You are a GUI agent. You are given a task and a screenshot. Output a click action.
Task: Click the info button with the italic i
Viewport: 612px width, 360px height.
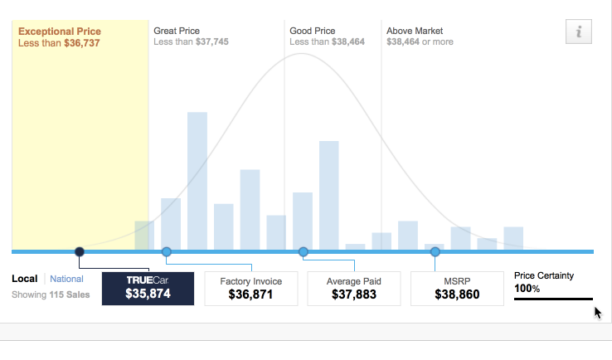579,32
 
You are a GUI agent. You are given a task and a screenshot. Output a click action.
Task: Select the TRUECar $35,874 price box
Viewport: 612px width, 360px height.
148,288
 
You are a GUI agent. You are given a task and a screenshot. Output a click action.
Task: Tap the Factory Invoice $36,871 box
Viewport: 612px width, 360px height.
250,288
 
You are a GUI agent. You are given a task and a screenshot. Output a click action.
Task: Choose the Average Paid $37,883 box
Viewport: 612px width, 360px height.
354,288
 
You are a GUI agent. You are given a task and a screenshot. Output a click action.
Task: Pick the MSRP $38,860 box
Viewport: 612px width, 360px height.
456,288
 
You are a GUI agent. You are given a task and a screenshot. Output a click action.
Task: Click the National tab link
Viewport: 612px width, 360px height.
66,280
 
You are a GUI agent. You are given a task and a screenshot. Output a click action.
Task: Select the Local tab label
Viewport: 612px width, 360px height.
25,280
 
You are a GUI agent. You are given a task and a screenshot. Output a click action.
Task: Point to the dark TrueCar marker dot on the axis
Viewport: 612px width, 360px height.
80,251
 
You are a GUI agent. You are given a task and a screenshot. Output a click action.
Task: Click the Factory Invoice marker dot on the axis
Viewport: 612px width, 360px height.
166,251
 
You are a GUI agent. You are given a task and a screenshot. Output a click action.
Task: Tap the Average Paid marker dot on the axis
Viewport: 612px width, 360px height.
303,251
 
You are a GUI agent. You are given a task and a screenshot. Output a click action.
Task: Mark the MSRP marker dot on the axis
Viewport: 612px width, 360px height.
435,251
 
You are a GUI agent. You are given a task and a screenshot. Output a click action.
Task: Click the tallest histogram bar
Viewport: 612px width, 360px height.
197,180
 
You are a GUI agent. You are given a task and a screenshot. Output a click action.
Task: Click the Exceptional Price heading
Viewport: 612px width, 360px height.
60,32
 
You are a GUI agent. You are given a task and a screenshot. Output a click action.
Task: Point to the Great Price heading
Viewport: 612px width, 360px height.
177,31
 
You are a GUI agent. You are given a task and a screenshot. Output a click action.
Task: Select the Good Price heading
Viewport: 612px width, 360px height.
312,31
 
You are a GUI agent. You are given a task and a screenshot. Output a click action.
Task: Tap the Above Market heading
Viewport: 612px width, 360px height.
415,31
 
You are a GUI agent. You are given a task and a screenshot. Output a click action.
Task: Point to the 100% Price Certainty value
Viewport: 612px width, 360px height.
527,289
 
